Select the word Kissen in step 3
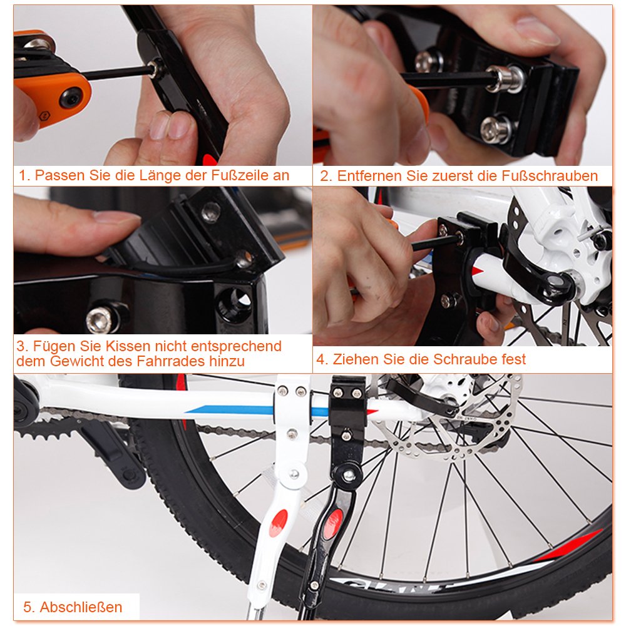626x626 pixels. click(127, 346)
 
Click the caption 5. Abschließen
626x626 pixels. click(73, 607)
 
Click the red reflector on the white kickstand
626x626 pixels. click(278, 523)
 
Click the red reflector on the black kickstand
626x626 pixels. click(332, 523)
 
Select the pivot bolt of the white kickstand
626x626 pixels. click(294, 474)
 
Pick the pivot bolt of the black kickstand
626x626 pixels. click(349, 475)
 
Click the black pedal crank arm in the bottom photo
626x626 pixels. click(111, 455)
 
